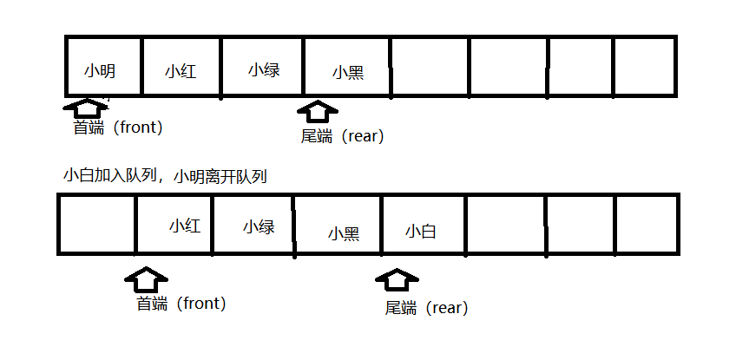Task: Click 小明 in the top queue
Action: tap(100, 69)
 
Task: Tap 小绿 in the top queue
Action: tap(264, 69)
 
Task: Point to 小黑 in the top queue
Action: tap(347, 73)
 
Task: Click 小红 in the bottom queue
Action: tap(185, 226)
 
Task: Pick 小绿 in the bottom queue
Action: tap(259, 227)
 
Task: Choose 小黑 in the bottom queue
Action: tap(344, 232)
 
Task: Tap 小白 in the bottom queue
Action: tap(420, 232)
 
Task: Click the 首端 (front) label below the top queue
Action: tap(117, 128)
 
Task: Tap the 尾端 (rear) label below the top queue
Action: tap(341, 136)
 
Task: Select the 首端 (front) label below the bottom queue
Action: tap(181, 304)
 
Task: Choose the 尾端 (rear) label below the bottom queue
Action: tap(426, 308)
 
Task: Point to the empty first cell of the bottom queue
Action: tap(96, 224)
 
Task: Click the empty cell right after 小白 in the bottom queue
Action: tap(504, 224)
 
